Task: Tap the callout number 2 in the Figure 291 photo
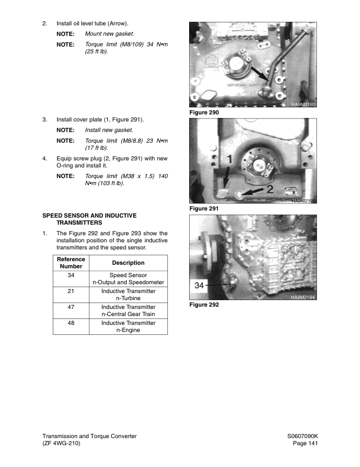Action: pos(270,189)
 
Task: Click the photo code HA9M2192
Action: pos(304,104)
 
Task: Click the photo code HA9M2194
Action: pos(304,297)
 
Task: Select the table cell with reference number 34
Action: pos(71,275)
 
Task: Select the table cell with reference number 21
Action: pos(71,291)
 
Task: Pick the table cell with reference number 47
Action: pos(71,307)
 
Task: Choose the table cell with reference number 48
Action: pos(71,323)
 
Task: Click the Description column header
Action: pos(128,263)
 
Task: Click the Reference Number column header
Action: pos(71,263)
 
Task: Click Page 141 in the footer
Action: pos(305,443)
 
